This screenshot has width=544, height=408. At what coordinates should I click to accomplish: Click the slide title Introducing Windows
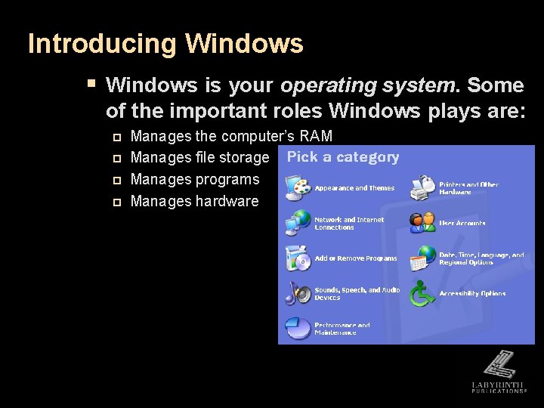click(x=165, y=44)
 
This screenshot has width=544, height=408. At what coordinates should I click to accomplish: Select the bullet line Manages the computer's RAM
click(x=231, y=136)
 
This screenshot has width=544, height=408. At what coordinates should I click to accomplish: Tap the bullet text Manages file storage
click(x=199, y=158)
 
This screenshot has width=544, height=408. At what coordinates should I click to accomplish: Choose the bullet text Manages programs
click(x=195, y=180)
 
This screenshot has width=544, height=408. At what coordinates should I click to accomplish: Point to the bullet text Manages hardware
click(x=194, y=202)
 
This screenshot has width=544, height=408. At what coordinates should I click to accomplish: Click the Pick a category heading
click(x=343, y=157)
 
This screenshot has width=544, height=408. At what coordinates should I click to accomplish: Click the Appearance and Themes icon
click(x=298, y=187)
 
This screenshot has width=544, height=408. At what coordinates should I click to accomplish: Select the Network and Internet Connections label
click(x=349, y=224)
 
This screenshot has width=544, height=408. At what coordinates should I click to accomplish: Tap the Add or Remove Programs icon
click(x=298, y=258)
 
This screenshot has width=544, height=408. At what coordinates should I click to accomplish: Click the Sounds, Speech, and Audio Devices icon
click(x=298, y=293)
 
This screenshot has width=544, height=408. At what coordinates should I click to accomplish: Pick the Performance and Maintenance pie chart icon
click(x=298, y=328)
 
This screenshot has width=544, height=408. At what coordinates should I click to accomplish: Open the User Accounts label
click(x=462, y=224)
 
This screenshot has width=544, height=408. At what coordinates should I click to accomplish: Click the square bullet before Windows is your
click(x=91, y=82)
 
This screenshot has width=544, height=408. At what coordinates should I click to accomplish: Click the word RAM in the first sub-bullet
click(x=316, y=136)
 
